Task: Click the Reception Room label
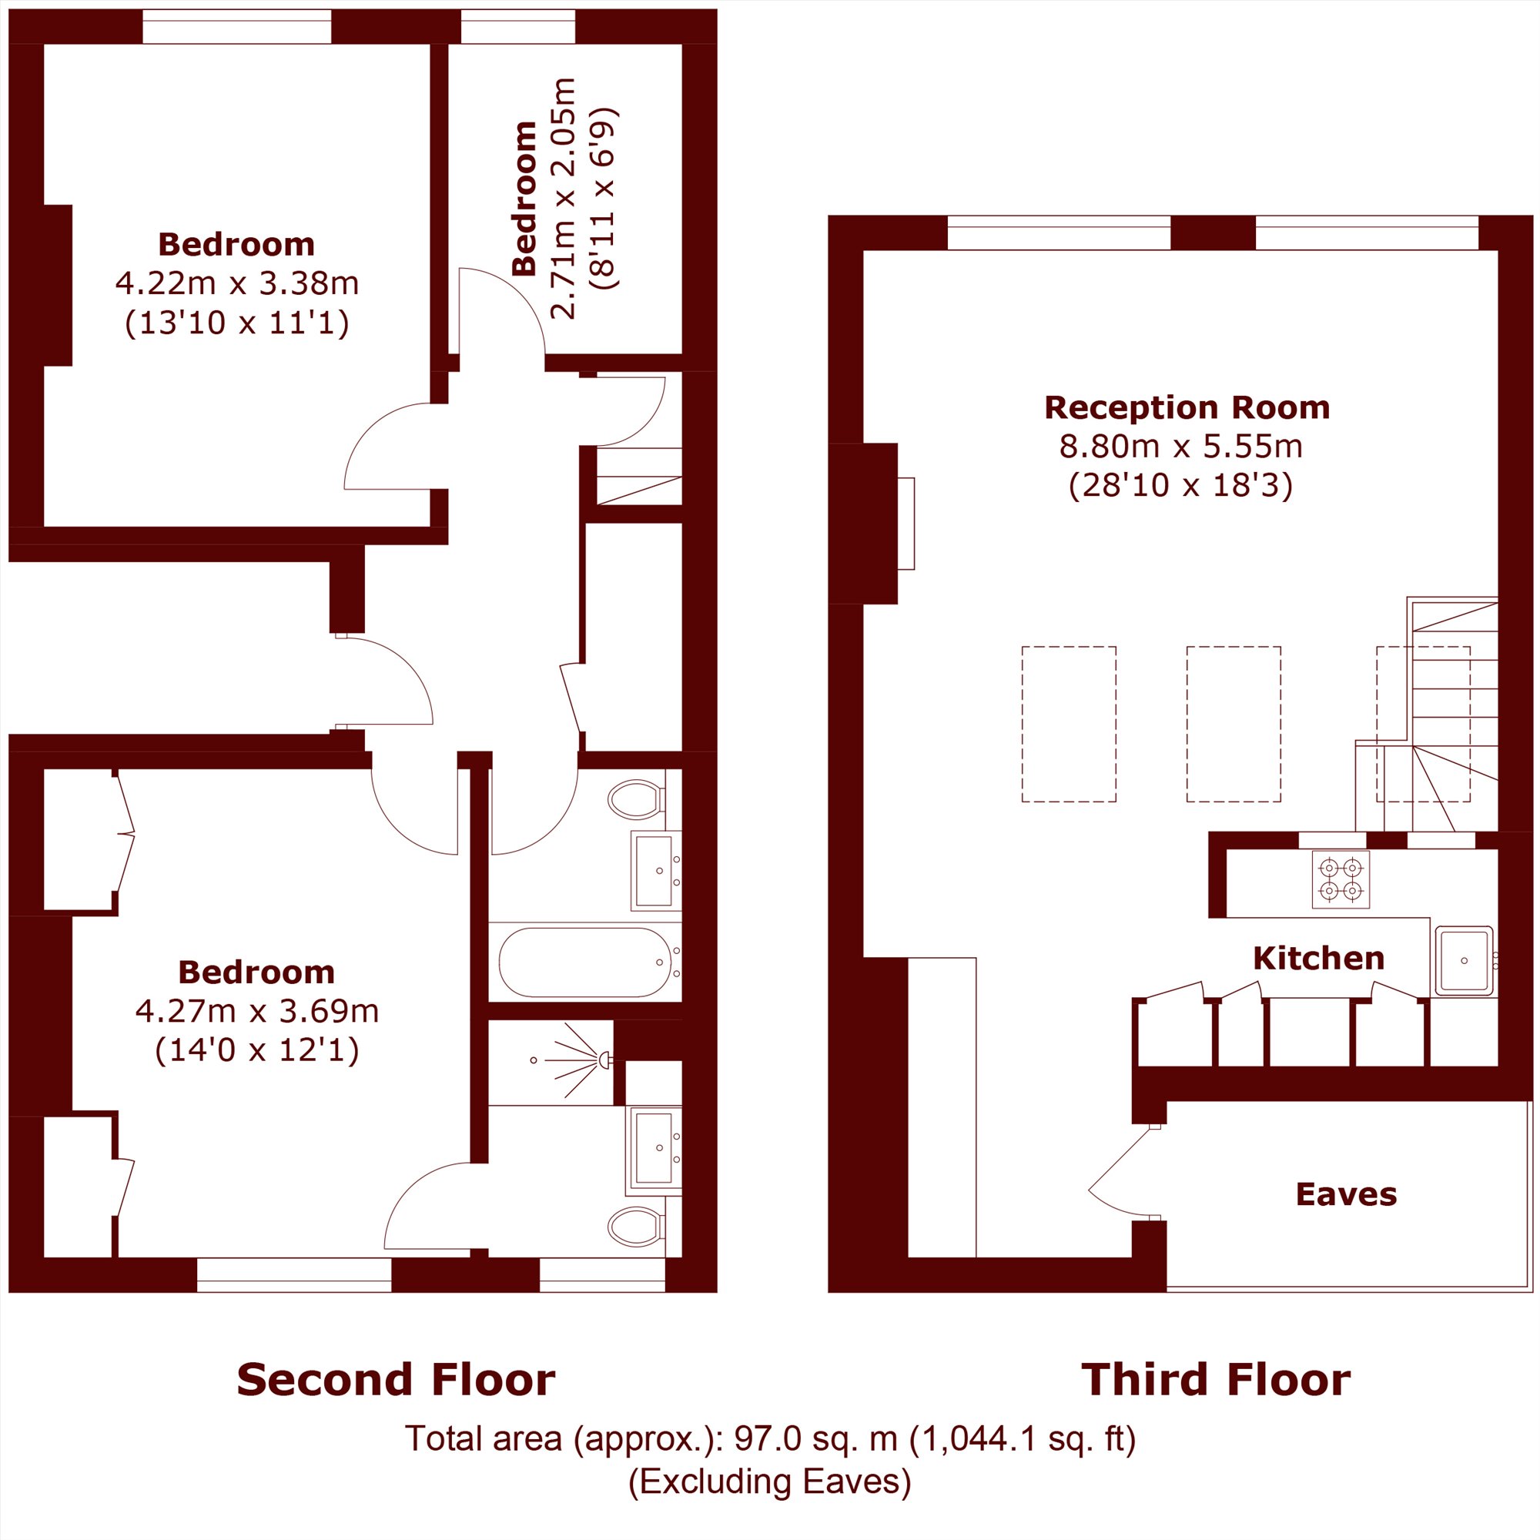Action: click(x=1187, y=408)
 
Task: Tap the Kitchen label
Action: click(x=1318, y=958)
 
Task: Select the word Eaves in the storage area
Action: click(x=1346, y=1194)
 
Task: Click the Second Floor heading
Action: click(x=396, y=1380)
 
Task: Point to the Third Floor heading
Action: click(x=1216, y=1380)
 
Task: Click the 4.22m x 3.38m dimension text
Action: click(x=236, y=283)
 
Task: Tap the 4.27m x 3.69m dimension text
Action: click(x=256, y=1012)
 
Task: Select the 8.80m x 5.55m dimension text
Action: click(x=1180, y=447)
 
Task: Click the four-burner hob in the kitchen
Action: click(x=1341, y=879)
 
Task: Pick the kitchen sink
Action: click(x=1465, y=961)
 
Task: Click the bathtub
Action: click(x=585, y=962)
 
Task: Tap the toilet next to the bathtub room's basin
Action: click(x=637, y=798)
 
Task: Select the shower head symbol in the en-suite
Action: click(x=604, y=1060)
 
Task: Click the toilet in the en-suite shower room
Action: click(x=637, y=1227)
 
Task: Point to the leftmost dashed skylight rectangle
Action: click(x=1069, y=724)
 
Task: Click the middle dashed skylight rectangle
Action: click(x=1234, y=724)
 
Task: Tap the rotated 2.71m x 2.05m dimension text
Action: click(x=564, y=199)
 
